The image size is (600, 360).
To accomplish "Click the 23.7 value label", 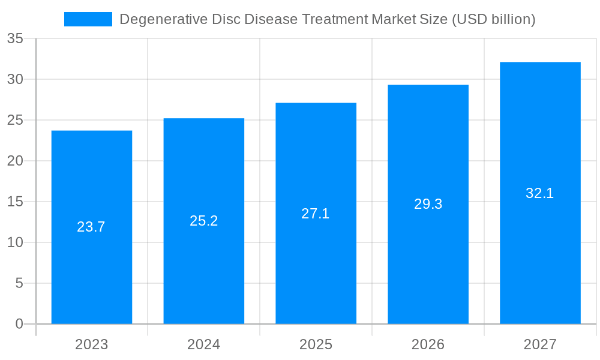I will tap(91, 227).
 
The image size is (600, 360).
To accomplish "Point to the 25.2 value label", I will tap(204, 221).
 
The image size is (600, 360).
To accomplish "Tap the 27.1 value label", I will tap(316, 214).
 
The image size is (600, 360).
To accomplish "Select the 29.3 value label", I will tap(428, 204).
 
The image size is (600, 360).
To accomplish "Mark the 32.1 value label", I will tap(540, 193).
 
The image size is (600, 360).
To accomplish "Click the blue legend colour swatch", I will tap(88, 19).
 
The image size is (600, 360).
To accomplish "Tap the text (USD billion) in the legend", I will tap(493, 19).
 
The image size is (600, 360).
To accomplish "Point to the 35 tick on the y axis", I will tap(15, 39).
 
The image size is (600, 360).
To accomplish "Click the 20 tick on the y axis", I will tap(15, 161).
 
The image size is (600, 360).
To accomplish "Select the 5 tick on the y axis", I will tap(19, 283).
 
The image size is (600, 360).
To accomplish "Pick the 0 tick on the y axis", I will tap(19, 324).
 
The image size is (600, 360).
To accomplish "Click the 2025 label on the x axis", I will tap(316, 344).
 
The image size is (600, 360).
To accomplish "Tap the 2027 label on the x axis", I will tap(540, 344).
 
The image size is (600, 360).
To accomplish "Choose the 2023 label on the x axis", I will tap(92, 344).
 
